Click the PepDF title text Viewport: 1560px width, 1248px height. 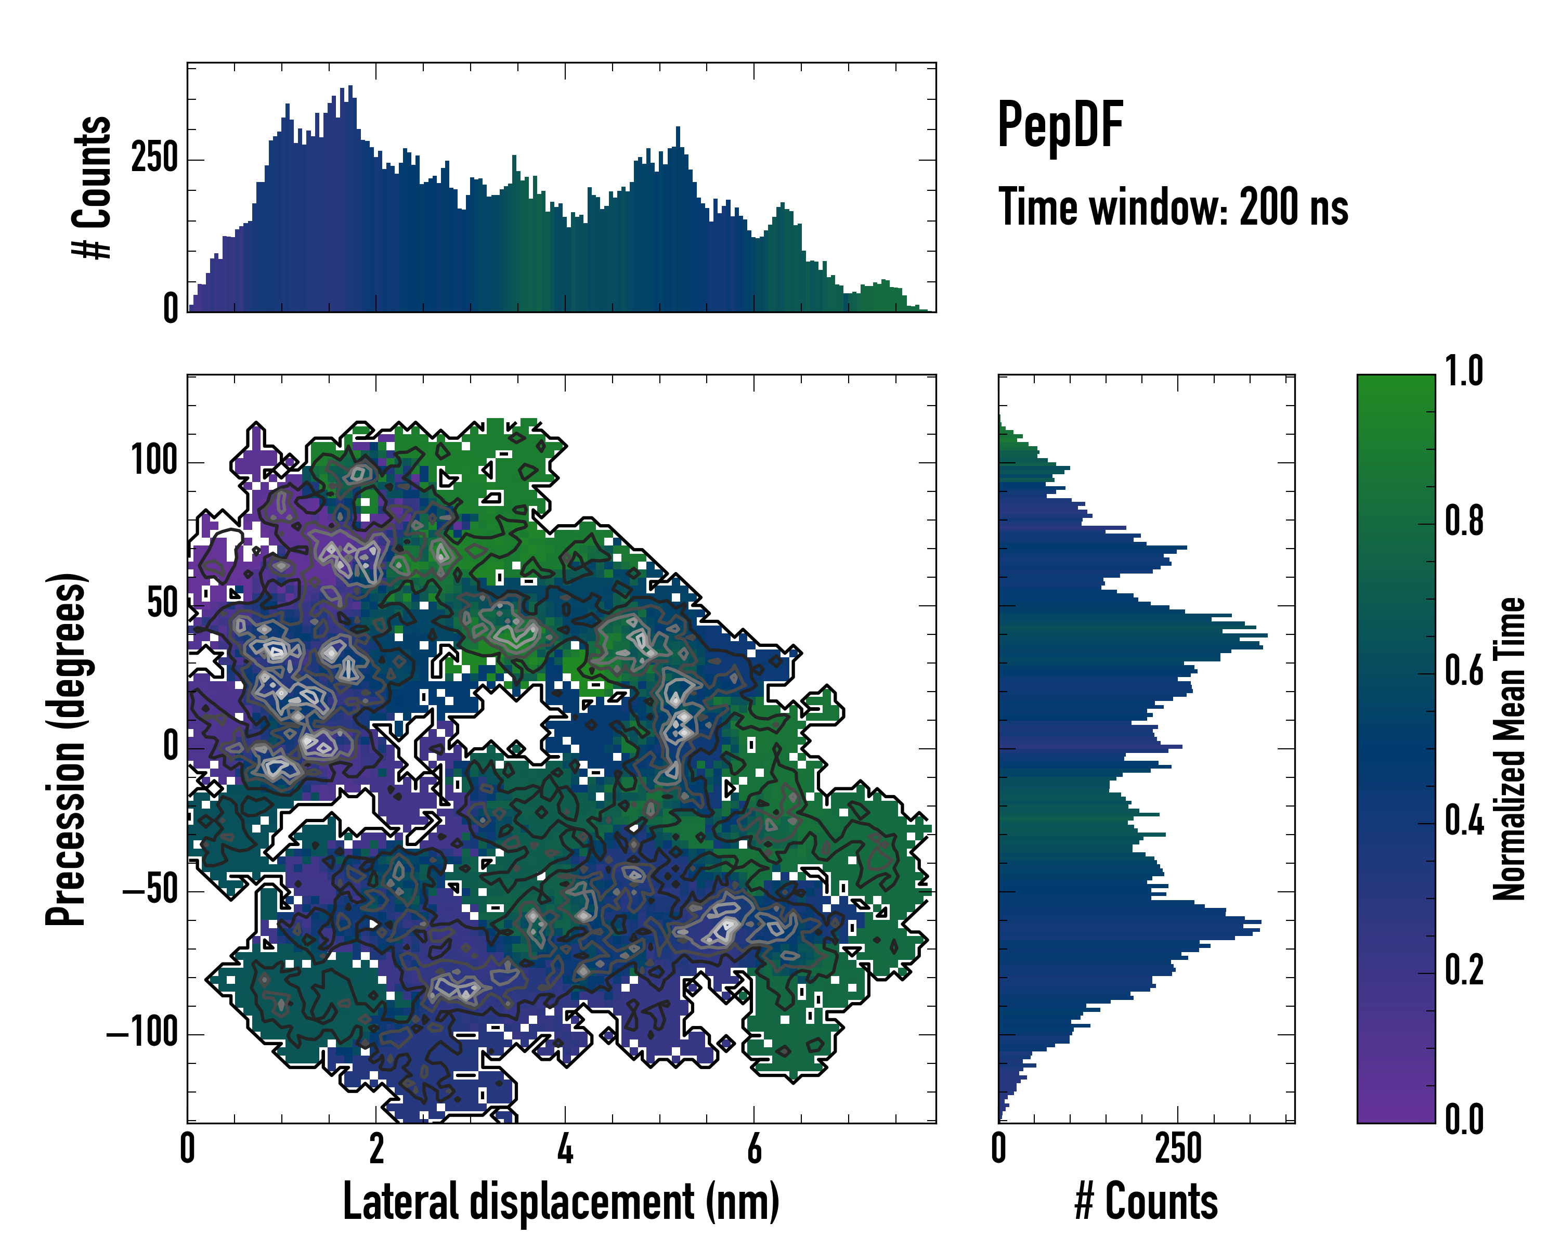click(x=1060, y=126)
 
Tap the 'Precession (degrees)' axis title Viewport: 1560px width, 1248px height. click(x=67, y=749)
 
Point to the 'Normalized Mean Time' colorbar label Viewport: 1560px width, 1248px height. click(x=1509, y=749)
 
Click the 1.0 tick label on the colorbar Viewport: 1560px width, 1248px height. click(x=1464, y=372)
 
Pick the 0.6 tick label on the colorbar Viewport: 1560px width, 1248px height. click(x=1464, y=671)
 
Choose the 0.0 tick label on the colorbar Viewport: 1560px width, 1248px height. click(x=1464, y=1119)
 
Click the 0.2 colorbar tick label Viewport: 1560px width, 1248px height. click(x=1464, y=970)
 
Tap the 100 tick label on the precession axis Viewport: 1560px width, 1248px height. click(x=154, y=460)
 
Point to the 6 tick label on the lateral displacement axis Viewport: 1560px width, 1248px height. click(x=754, y=1148)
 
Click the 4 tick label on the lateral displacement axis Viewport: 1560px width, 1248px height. click(x=565, y=1148)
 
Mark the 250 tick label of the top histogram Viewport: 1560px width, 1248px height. click(x=154, y=159)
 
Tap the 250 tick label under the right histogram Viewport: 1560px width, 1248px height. click(x=1177, y=1148)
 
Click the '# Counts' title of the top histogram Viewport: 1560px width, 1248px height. click(x=93, y=187)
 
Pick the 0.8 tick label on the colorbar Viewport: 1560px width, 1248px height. click(x=1464, y=522)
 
